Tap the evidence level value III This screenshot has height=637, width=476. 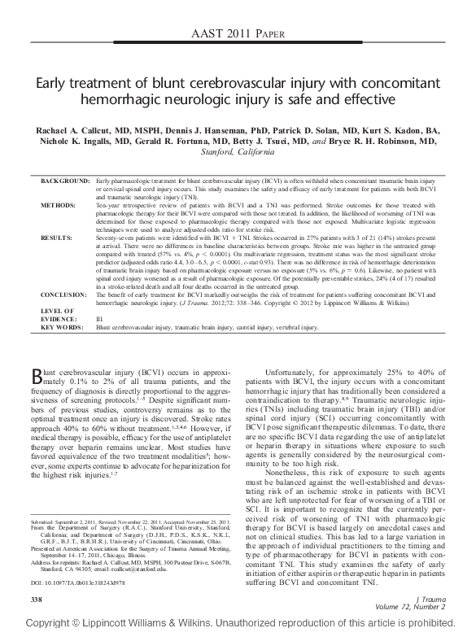pos(99,320)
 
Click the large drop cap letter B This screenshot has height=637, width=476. pos(36,375)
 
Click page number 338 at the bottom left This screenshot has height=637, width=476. pos(36,599)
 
